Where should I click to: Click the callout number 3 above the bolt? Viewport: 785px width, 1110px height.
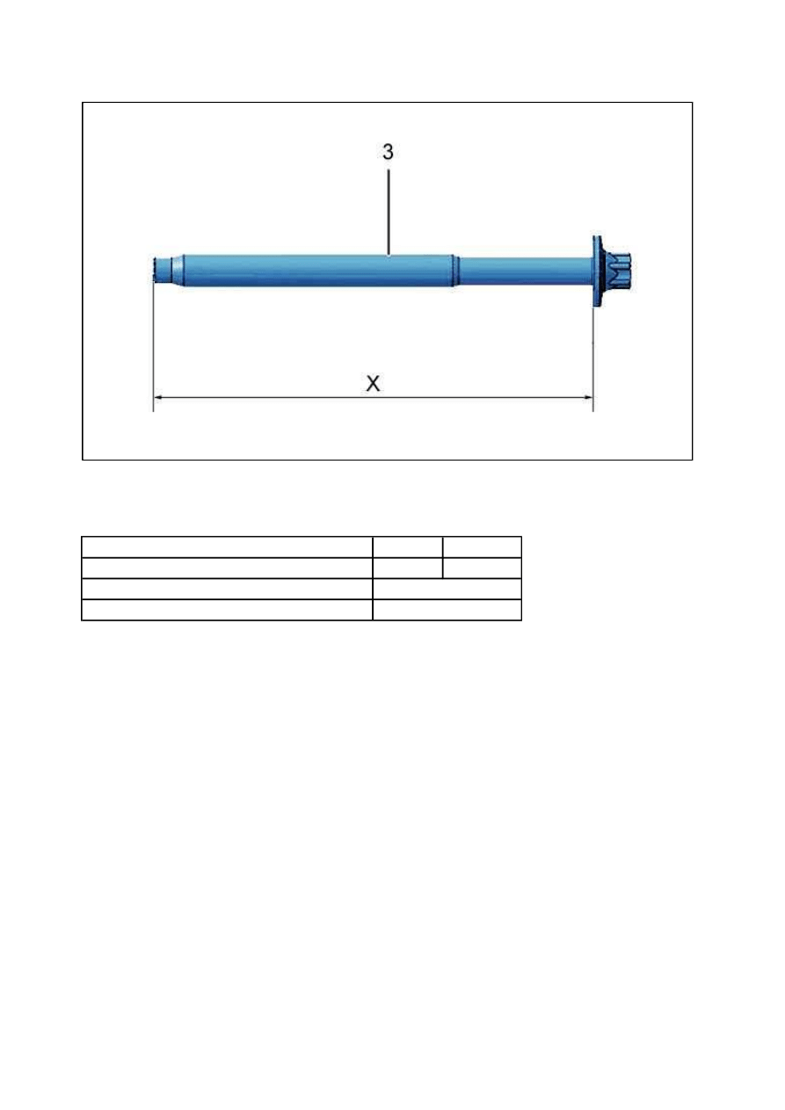tap(388, 152)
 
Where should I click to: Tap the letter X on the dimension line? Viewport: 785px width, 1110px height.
tap(374, 383)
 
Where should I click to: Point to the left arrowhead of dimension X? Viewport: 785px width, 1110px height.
tap(158, 397)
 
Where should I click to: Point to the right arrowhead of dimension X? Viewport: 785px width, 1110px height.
tap(588, 397)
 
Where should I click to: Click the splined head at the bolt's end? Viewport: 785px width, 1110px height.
tap(617, 271)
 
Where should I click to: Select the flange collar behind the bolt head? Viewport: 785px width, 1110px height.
tap(598, 271)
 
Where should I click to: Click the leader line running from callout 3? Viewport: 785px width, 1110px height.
tap(389, 212)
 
